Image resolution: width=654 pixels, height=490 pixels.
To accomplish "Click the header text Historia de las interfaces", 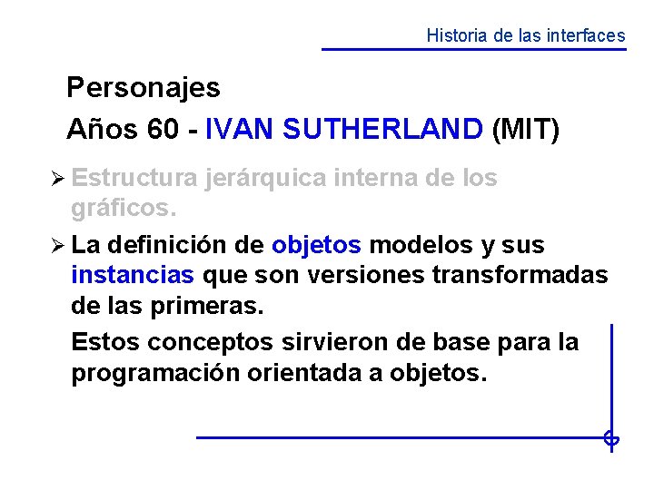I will (526, 36).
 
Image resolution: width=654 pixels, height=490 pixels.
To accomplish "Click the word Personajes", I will (144, 88).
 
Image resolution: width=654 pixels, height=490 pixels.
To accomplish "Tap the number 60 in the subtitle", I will (163, 130).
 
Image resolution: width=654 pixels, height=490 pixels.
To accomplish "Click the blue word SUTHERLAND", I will (382, 130).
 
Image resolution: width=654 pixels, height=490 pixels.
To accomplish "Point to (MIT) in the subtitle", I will (525, 130).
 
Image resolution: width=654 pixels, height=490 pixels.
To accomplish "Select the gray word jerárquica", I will (263, 179).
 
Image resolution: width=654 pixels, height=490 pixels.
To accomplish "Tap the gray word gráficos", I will (123, 210).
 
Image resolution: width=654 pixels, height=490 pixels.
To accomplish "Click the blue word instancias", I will (133, 275).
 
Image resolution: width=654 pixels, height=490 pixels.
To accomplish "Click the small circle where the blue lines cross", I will (611, 439).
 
